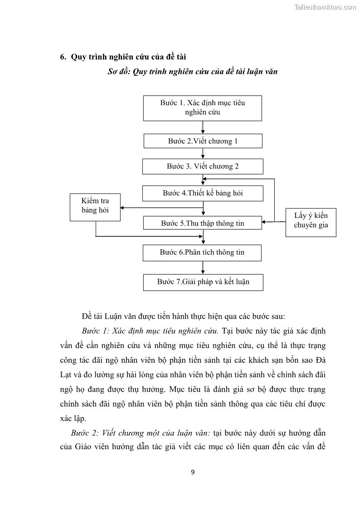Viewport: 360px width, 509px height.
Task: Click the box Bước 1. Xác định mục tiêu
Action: [x=202, y=108]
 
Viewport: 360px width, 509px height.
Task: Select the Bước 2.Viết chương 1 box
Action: [x=203, y=141]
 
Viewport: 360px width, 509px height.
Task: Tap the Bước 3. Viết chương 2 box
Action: [x=203, y=166]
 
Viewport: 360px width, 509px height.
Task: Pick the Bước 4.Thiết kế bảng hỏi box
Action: [x=203, y=193]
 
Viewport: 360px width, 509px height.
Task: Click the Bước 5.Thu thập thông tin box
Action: [x=202, y=223]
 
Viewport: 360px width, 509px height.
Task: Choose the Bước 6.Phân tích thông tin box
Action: [x=202, y=252]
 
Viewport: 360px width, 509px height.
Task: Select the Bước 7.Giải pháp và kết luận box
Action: [x=203, y=282]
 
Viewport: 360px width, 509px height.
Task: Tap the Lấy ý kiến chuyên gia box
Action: [x=311, y=221]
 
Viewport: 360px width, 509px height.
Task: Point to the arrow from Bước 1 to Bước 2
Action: [x=203, y=127]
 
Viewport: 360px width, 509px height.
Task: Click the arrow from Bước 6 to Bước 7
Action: [x=203, y=267]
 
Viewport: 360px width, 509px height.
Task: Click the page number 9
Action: [x=193, y=472]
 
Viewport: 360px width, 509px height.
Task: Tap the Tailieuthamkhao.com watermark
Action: [x=325, y=7]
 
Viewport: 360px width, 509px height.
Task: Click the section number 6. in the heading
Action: [x=63, y=57]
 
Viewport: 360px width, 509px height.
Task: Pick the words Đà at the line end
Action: [x=320, y=360]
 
